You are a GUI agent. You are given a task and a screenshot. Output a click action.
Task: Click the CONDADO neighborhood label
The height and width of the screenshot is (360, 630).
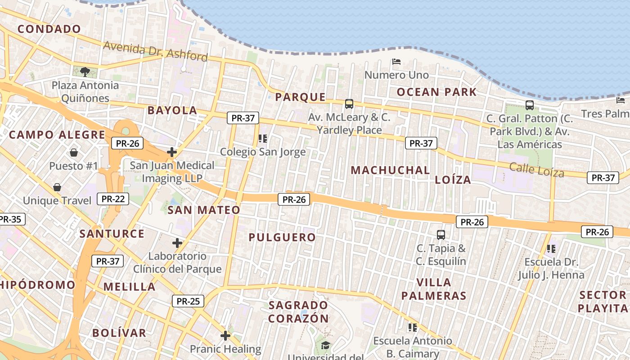[49, 29]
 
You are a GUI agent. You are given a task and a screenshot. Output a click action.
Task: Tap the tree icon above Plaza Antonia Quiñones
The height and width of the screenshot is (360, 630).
[85, 71]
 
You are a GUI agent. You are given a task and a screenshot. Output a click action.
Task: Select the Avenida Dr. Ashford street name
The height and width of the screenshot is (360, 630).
[155, 51]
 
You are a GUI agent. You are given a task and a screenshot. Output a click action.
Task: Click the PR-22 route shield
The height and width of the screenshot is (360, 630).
[112, 198]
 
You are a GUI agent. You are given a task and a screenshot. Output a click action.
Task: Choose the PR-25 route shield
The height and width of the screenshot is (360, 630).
[188, 301]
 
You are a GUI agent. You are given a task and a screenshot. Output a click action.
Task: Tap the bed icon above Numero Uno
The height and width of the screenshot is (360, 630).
[396, 61]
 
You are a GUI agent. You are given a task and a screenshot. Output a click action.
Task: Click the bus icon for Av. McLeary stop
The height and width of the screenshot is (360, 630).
[349, 104]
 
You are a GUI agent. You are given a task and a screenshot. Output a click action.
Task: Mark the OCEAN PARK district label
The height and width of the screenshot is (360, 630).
[436, 92]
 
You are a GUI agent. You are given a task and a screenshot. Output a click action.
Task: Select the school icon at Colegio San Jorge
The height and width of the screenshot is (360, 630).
[263, 138]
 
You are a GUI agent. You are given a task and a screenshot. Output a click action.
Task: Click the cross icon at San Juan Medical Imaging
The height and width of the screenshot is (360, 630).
[171, 152]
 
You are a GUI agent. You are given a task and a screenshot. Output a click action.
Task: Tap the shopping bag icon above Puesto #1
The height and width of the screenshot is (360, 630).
[73, 153]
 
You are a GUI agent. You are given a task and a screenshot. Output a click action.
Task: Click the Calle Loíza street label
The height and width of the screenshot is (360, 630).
[536, 170]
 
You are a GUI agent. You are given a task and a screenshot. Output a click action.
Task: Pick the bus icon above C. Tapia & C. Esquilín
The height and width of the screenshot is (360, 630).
[441, 234]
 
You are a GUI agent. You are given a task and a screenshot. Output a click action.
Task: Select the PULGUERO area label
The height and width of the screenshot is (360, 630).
[282, 237]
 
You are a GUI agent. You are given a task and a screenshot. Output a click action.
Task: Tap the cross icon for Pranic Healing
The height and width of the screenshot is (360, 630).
[225, 336]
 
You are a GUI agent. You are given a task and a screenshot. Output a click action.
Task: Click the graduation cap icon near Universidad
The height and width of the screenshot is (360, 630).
[325, 345]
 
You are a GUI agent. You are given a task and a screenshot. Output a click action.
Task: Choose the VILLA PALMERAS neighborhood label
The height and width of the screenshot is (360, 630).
[434, 289]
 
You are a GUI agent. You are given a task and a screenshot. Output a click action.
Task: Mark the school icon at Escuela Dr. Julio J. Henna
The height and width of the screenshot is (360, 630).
[551, 248]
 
